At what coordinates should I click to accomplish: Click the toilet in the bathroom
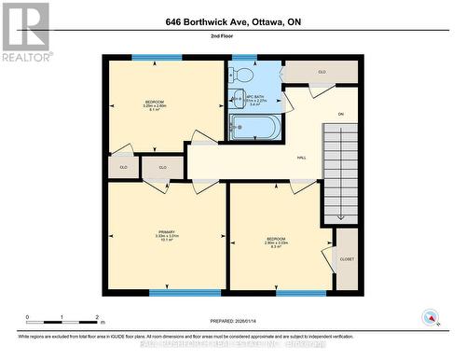pyautogui.click(x=245, y=74)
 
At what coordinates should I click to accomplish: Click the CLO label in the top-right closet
pyautogui.click(x=322, y=72)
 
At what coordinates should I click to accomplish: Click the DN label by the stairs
pyautogui.click(x=341, y=114)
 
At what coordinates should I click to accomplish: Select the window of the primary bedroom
pyautogui.click(x=172, y=293)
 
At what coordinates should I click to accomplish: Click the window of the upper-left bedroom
pyautogui.click(x=144, y=58)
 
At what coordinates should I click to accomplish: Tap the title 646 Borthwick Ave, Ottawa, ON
pyautogui.click(x=233, y=21)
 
